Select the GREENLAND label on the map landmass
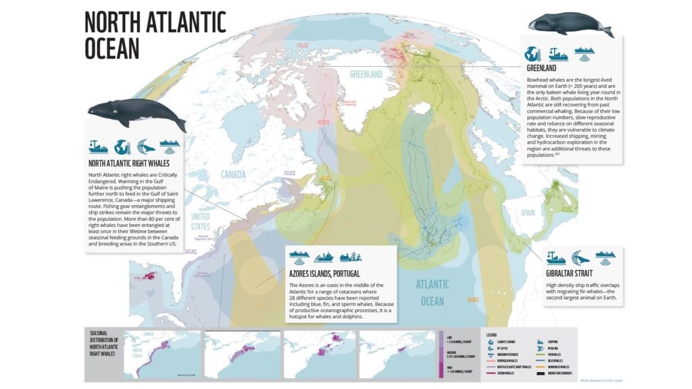click(x=366, y=74)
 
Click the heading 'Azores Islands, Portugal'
click(x=324, y=274)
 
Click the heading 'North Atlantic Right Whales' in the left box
click(x=128, y=163)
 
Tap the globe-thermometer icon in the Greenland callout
click(x=534, y=53)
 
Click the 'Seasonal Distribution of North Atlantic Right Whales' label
click(x=107, y=343)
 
